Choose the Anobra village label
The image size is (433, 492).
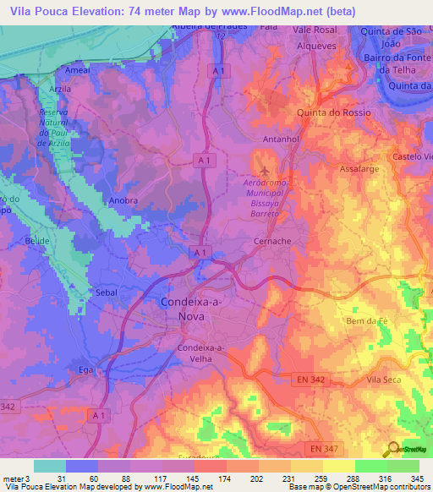123,201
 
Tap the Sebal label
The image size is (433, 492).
107,292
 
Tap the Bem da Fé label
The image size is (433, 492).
367,320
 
